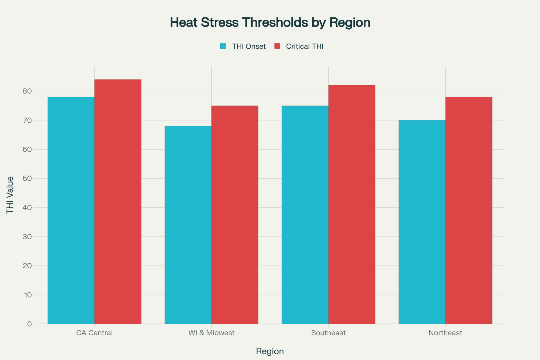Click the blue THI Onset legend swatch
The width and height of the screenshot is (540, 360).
(223, 46)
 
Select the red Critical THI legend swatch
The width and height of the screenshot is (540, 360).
(277, 46)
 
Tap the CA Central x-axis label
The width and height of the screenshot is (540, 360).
(94, 333)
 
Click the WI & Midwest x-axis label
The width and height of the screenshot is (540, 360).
(211, 333)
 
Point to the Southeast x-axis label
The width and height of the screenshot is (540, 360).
(328, 333)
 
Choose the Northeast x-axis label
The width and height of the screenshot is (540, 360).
(445, 333)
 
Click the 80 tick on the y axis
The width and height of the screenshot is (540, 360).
(27, 91)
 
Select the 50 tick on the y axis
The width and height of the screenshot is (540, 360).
(27, 178)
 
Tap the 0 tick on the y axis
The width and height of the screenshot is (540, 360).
(29, 324)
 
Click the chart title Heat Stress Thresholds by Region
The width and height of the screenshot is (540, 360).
(270, 22)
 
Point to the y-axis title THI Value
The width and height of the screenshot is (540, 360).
(10, 195)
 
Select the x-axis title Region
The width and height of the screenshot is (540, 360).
(270, 351)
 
